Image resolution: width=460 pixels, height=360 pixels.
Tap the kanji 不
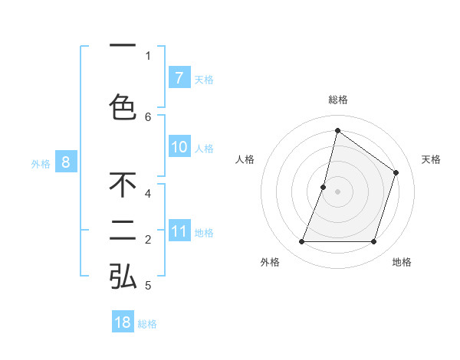tap(123, 185)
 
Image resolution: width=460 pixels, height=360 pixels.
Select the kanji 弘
tap(123, 277)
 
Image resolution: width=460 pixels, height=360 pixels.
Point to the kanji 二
tap(123, 231)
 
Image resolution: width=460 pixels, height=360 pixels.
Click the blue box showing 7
tap(179, 78)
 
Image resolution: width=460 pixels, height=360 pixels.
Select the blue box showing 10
tap(179, 147)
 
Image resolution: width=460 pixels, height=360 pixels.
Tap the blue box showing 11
tap(179, 231)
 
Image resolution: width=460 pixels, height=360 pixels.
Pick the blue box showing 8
tap(66, 162)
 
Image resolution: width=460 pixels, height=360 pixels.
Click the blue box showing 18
tap(123, 322)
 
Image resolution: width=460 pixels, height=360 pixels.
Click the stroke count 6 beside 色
tap(148, 116)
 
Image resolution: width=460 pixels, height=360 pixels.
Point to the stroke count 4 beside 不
tap(148, 194)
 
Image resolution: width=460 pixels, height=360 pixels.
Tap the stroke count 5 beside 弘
tap(148, 286)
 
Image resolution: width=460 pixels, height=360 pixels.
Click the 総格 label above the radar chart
tap(337, 100)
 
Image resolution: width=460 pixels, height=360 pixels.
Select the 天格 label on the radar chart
tap(431, 159)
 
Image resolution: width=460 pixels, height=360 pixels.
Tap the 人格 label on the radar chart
tap(245, 159)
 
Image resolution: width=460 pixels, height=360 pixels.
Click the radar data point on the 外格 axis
tap(302, 242)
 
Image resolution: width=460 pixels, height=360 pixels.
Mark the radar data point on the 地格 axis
tap(373, 242)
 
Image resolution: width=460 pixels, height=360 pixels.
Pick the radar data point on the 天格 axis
tap(396, 172)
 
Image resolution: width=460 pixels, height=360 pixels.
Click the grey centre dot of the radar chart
tap(337, 191)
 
